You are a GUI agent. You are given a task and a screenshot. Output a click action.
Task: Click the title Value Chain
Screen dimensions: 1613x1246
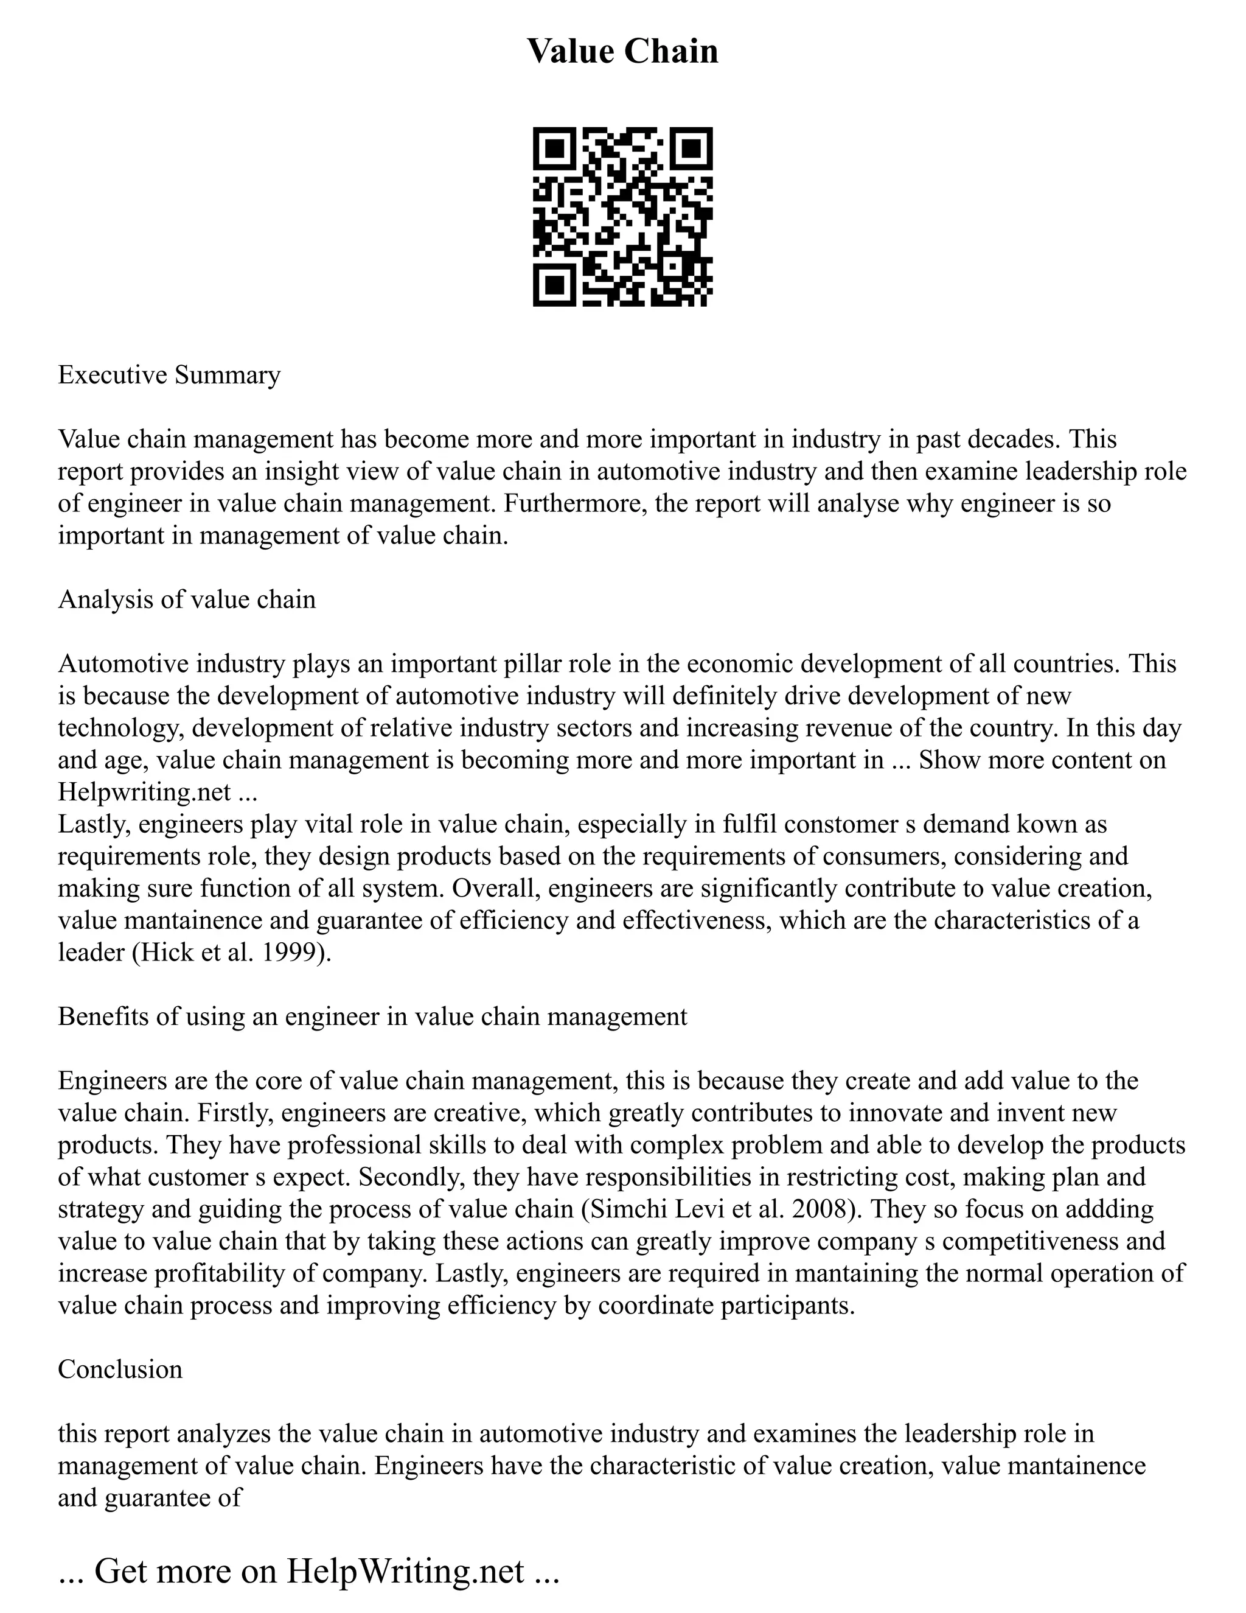click(x=622, y=51)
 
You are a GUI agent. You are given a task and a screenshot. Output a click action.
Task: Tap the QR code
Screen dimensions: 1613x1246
click(x=622, y=217)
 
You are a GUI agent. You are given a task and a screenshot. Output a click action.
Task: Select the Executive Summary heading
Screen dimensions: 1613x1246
click(x=169, y=374)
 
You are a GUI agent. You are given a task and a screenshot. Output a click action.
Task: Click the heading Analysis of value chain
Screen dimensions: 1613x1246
click(x=187, y=599)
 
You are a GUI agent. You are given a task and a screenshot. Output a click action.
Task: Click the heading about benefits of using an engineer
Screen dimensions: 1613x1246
click(x=372, y=1016)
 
